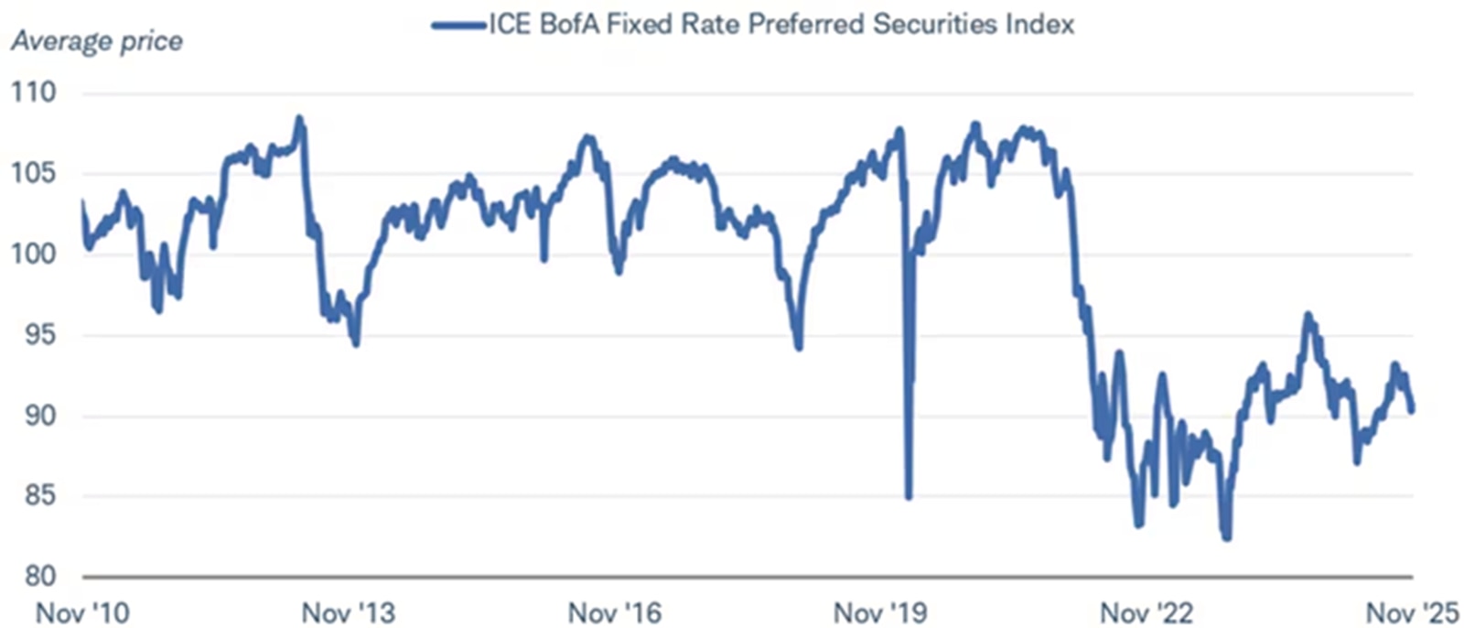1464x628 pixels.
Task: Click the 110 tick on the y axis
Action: [x=33, y=92]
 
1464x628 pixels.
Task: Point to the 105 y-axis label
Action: [x=33, y=173]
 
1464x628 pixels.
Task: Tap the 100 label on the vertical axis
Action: [x=33, y=254]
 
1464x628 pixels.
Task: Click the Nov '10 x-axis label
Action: [x=82, y=612]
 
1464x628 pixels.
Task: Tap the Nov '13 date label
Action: [x=349, y=612]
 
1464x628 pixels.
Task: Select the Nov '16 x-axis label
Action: [x=614, y=612]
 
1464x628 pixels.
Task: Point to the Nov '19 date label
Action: [x=880, y=612]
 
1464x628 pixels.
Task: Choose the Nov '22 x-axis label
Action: [x=1146, y=612]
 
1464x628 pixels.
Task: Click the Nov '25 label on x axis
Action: [x=1412, y=612]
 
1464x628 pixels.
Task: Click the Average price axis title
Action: [x=96, y=41]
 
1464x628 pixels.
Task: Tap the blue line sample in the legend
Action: [x=458, y=25]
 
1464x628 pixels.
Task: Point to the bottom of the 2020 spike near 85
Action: [x=909, y=497]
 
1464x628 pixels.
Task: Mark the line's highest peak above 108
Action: [x=299, y=118]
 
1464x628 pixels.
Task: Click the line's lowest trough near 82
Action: [x=1226, y=537]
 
